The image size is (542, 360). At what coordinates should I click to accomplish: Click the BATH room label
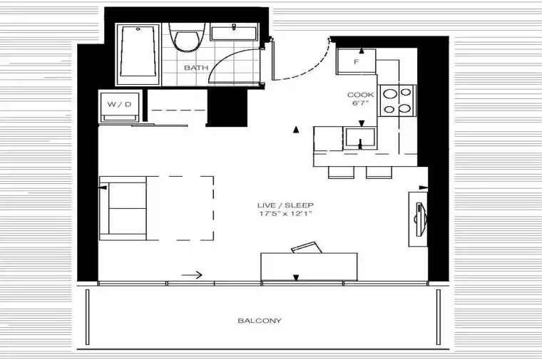[196, 68]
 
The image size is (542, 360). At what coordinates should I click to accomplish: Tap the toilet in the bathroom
[187, 38]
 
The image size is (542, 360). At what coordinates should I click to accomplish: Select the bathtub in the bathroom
[138, 54]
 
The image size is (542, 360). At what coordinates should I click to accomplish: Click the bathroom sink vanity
[234, 32]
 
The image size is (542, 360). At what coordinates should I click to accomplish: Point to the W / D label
[119, 104]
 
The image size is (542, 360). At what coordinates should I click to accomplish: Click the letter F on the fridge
[357, 62]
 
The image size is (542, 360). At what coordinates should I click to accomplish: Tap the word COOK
[361, 95]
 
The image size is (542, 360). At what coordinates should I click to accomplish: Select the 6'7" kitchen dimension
[361, 103]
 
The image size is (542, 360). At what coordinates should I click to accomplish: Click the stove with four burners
[397, 101]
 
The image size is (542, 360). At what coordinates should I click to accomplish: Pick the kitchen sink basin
[360, 138]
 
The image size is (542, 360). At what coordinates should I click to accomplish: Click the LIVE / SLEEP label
[285, 205]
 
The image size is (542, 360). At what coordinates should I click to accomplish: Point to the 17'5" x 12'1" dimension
[285, 214]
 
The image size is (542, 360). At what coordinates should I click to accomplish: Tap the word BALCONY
[260, 321]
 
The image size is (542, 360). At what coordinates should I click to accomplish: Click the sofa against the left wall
[123, 208]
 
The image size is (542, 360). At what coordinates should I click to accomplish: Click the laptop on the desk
[307, 247]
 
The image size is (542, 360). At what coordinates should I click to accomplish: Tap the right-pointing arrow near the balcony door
[192, 275]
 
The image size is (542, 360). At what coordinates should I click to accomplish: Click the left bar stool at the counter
[341, 172]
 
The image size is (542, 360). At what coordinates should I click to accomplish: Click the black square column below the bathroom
[227, 108]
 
